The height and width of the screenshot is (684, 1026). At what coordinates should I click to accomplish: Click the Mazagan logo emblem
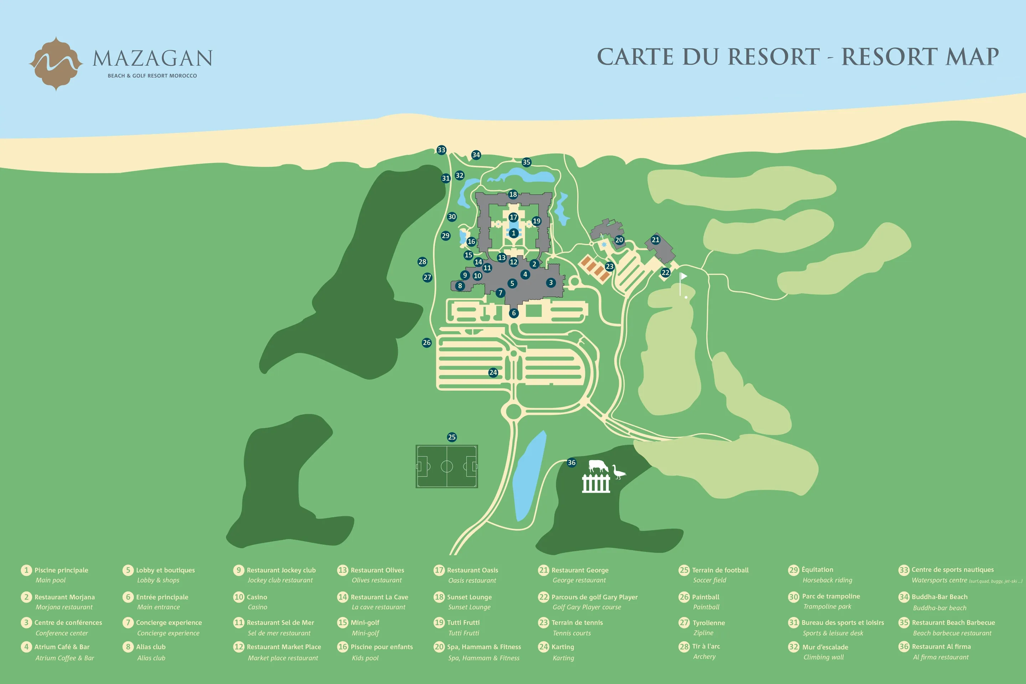56,64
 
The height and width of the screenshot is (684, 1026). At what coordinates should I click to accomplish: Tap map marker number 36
571,462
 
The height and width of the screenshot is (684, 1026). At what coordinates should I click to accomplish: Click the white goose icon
618,472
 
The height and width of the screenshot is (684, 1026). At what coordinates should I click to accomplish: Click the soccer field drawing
447,466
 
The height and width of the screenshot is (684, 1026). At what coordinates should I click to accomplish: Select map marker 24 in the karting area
493,373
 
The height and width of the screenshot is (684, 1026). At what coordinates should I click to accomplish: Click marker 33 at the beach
441,150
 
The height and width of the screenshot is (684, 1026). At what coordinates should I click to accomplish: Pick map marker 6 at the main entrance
514,313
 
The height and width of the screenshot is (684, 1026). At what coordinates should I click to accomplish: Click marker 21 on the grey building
655,239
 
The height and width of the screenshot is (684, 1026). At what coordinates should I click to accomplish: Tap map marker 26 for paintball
427,342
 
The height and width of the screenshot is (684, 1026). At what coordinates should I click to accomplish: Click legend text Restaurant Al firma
941,647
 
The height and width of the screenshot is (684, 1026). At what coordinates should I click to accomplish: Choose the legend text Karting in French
563,647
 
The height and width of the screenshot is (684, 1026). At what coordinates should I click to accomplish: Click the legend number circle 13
342,570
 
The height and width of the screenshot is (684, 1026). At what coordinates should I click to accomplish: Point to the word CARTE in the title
635,57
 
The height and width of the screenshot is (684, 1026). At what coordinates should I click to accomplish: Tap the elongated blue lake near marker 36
529,476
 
